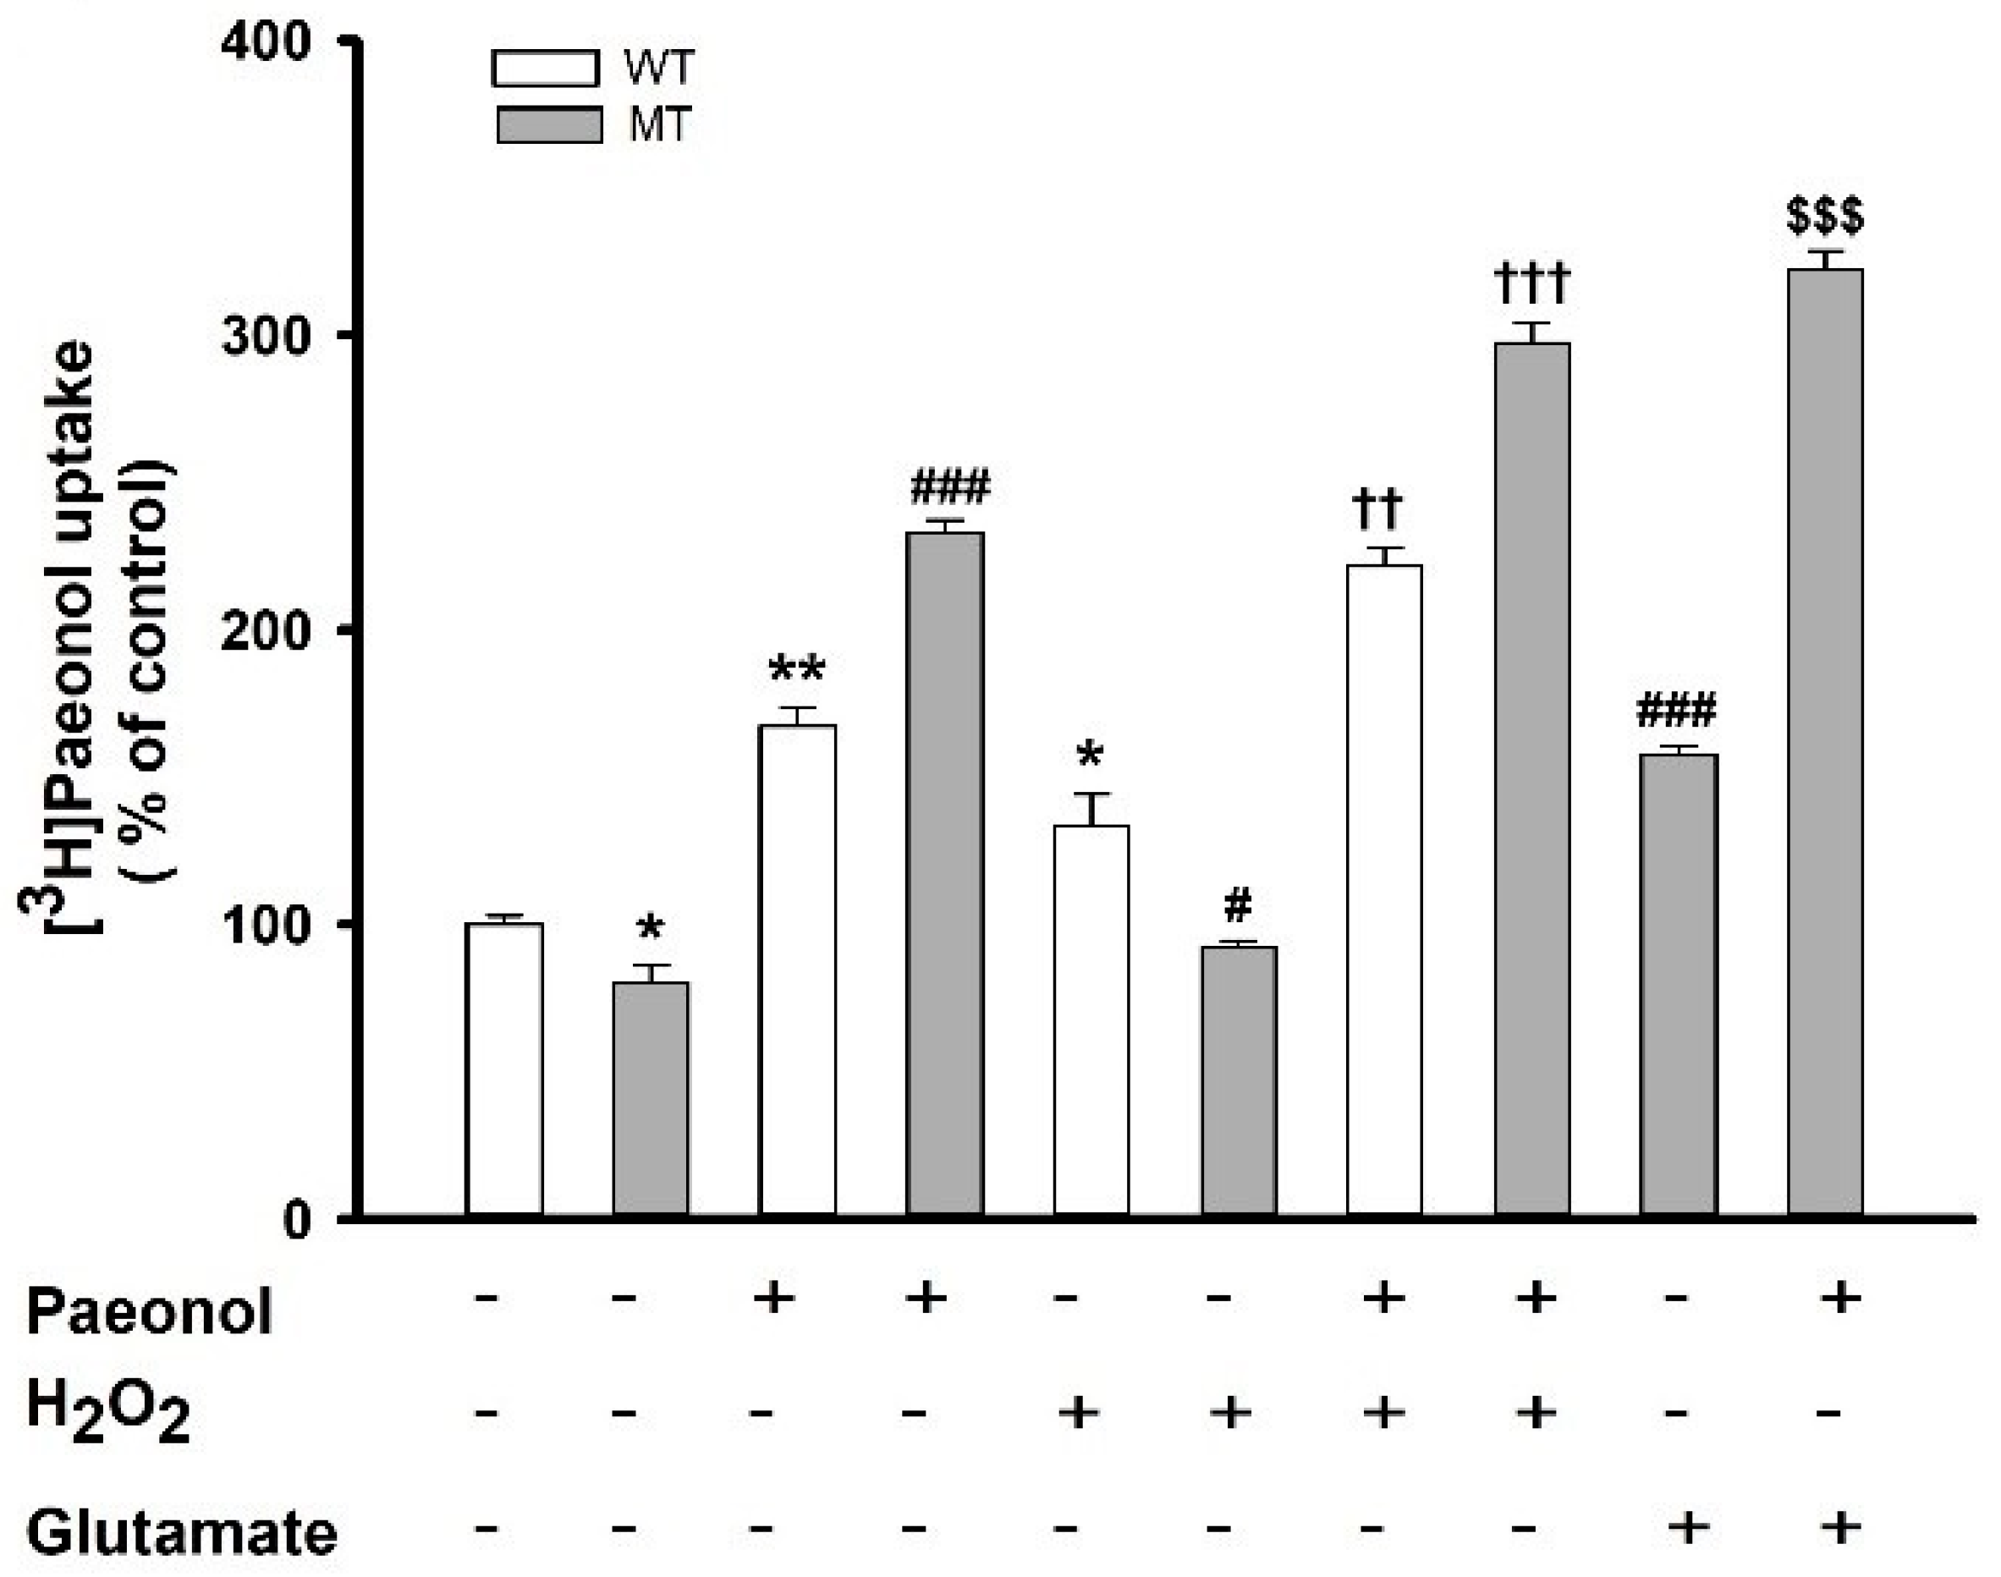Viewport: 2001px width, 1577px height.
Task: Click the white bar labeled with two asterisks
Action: point(797,970)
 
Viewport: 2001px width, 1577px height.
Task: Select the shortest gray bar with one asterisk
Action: point(650,1098)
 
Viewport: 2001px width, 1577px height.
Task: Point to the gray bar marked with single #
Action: point(1239,1080)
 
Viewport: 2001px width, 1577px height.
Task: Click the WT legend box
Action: point(545,69)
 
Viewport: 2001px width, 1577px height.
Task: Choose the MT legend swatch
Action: point(548,124)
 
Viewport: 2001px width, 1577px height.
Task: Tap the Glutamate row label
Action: point(181,1533)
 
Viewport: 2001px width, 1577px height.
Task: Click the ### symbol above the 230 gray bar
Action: point(949,486)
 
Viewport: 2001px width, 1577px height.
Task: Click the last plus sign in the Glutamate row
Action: point(1840,1527)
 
